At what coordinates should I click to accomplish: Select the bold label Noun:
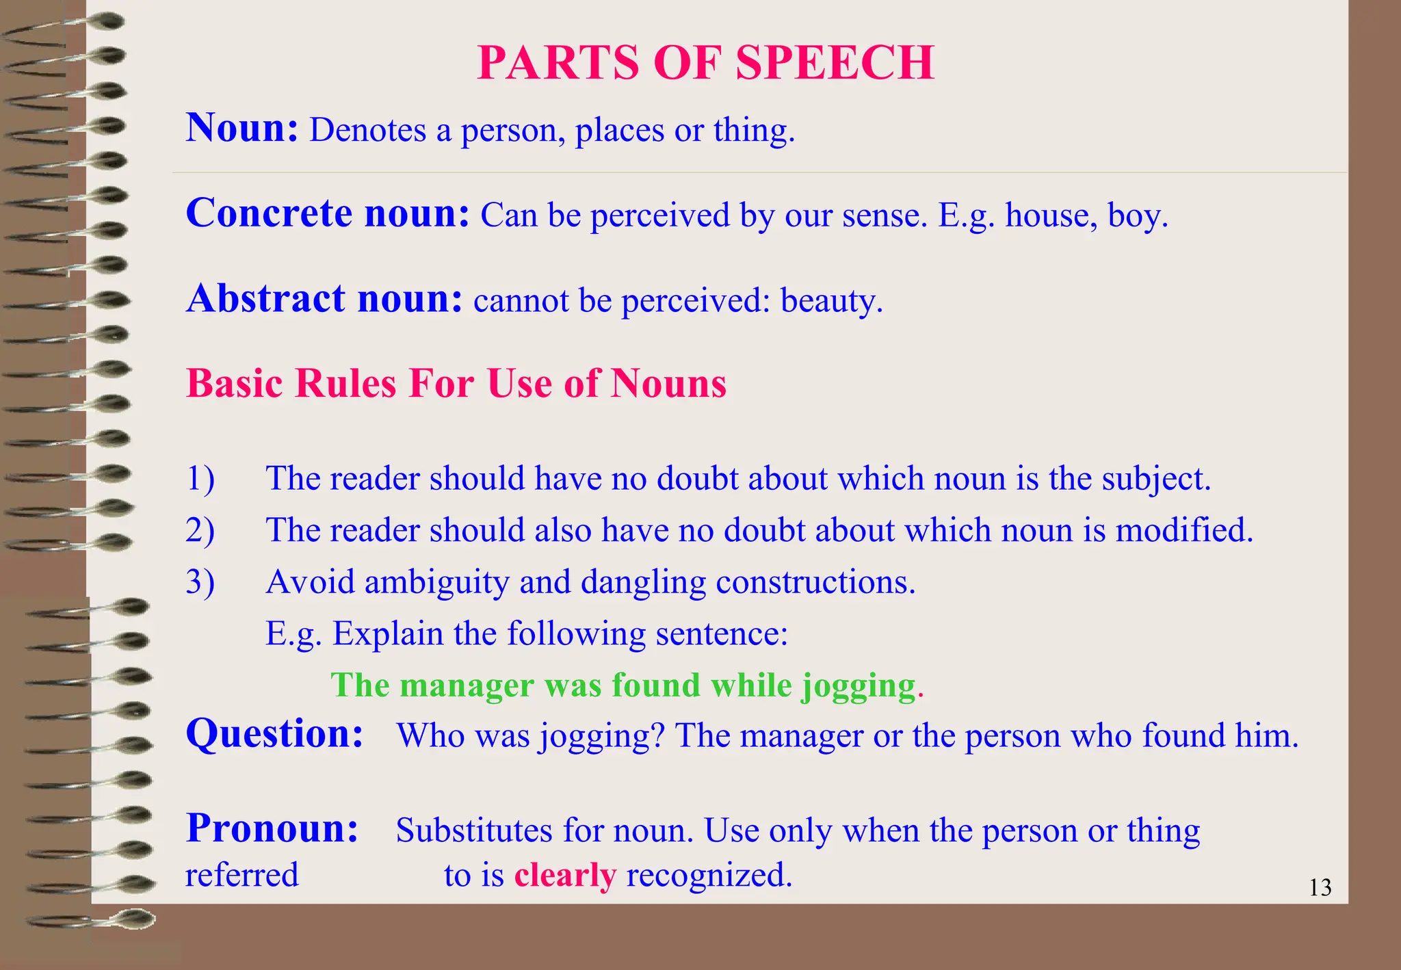tap(242, 128)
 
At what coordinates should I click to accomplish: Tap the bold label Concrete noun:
tap(328, 213)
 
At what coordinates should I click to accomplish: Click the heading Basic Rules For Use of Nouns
tap(456, 383)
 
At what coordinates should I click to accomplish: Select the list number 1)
tap(200, 478)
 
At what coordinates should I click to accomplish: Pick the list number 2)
tap(200, 530)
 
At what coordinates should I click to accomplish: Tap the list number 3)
tap(200, 582)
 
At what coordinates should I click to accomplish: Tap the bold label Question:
tap(274, 735)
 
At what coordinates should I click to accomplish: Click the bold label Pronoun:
tap(272, 828)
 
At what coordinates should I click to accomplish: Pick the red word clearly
tap(565, 876)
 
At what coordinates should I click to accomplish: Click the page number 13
tap(1320, 888)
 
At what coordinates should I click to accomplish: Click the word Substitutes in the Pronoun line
tap(474, 831)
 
